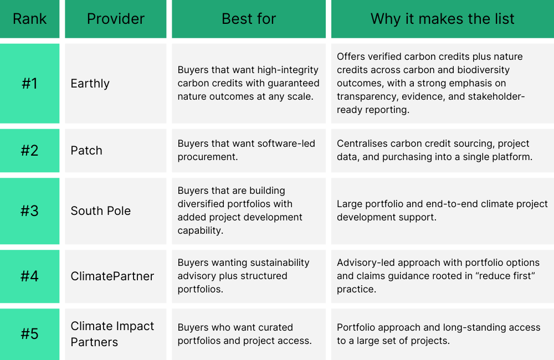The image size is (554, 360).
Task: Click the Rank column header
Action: coord(30,19)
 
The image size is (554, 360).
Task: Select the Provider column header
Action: coord(116,19)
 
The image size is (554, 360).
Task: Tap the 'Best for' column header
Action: coord(249,19)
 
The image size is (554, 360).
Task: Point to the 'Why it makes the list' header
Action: coord(442,19)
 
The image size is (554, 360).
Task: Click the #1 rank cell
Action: coord(30,84)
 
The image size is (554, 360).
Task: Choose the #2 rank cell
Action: coord(30,151)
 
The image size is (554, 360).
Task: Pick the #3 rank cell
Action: coord(30,211)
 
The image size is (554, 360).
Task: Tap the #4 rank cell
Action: coord(30,276)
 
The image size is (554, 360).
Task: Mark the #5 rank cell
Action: coord(30,334)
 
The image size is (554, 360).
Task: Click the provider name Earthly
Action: coord(90,84)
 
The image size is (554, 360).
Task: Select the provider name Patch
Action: coord(86,151)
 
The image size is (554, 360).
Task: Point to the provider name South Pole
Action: coord(101,211)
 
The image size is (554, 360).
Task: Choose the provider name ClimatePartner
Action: coord(112,276)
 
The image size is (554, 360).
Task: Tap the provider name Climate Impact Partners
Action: coord(112,334)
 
